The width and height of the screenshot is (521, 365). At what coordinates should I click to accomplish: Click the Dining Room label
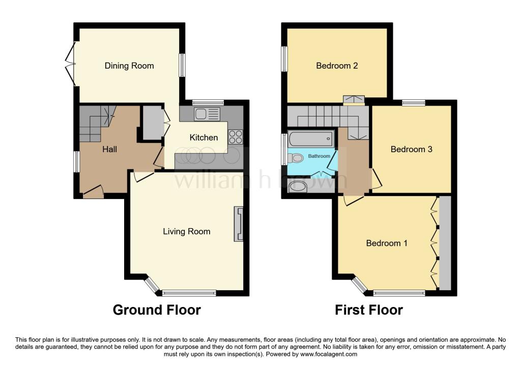pyautogui.click(x=129, y=66)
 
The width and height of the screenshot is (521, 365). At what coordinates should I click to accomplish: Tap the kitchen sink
pyautogui.click(x=206, y=114)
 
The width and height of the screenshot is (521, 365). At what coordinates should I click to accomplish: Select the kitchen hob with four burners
pyautogui.click(x=236, y=136)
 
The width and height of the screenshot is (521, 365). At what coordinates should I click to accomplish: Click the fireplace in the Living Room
pyautogui.click(x=238, y=223)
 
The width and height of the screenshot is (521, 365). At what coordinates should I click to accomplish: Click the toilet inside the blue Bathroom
pyautogui.click(x=294, y=157)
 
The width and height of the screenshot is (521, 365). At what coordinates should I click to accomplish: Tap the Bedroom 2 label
pyautogui.click(x=337, y=66)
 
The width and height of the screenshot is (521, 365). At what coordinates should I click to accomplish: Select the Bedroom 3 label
pyautogui.click(x=411, y=149)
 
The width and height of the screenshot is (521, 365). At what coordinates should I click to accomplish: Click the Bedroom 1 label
pyautogui.click(x=387, y=243)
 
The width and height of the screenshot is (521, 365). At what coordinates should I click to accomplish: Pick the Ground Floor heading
pyautogui.click(x=157, y=310)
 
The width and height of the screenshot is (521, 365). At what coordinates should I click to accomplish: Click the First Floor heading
pyautogui.click(x=369, y=310)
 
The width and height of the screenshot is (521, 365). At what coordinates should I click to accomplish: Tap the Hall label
pyautogui.click(x=109, y=149)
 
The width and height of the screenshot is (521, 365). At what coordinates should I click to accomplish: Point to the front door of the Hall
pyautogui.click(x=93, y=193)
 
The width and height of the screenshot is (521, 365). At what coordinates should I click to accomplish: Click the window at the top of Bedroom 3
pyautogui.click(x=413, y=103)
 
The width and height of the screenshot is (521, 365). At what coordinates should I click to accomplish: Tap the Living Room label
pyautogui.click(x=186, y=232)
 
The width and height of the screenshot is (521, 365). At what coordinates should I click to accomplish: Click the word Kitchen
pyautogui.click(x=204, y=137)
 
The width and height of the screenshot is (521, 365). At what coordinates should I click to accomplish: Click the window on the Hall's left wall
pyautogui.click(x=76, y=162)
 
